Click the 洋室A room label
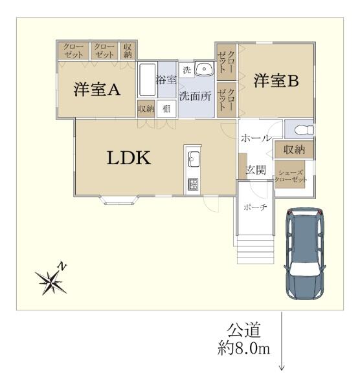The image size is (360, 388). (x=97, y=89)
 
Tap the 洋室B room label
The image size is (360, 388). (x=276, y=81)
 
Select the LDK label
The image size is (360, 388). (x=129, y=158)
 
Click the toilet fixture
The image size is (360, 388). (x=304, y=129)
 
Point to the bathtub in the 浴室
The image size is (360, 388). (x=147, y=80)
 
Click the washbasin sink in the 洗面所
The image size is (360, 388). (x=205, y=69)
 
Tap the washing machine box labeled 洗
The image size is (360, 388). (x=186, y=70)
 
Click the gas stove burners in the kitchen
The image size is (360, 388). (x=193, y=184)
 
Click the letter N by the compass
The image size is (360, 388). (x=62, y=266)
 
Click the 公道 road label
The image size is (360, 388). (x=244, y=330)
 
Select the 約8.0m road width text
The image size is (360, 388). (x=243, y=349)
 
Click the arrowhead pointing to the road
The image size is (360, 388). (x=282, y=367)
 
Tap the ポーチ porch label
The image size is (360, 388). (x=255, y=206)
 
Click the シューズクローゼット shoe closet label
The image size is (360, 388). (x=290, y=176)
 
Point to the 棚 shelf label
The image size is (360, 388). (x=166, y=109)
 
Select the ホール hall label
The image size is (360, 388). (x=256, y=138)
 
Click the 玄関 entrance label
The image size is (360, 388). (x=256, y=170)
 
